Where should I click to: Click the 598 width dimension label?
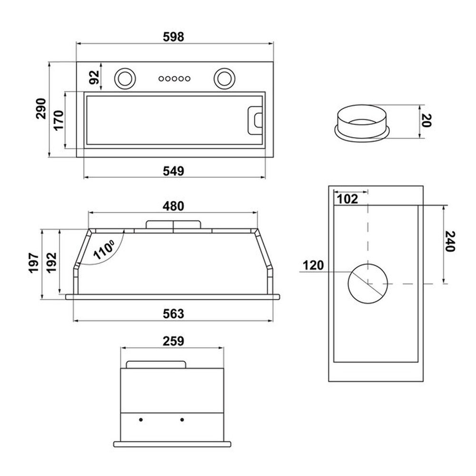click(x=173, y=37)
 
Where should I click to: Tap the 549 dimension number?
click(x=173, y=171)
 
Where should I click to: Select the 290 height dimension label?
click(x=40, y=109)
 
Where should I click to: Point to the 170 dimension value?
click(x=59, y=120)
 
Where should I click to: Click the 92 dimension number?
click(x=94, y=77)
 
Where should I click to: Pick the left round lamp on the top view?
click(x=124, y=79)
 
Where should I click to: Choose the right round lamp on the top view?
click(x=224, y=79)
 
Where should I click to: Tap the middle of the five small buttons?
click(x=174, y=79)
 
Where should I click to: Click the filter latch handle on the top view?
click(x=255, y=120)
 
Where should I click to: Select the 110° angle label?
click(x=104, y=249)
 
